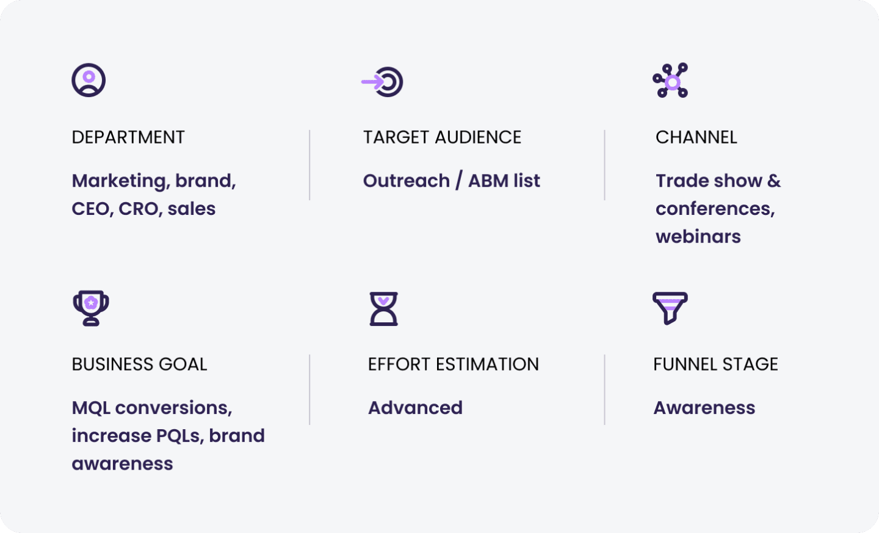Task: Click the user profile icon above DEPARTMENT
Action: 89,80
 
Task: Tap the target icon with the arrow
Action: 383,82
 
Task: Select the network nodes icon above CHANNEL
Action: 670,81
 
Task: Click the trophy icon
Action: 91,308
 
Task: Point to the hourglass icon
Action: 384,308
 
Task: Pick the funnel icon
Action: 670,308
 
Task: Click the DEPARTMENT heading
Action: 128,137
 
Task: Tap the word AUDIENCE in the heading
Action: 479,137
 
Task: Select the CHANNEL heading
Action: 696,137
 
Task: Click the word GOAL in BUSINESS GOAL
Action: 183,364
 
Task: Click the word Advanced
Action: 415,408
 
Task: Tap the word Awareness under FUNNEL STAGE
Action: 704,408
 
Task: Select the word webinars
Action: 698,237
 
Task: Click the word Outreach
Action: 407,181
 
